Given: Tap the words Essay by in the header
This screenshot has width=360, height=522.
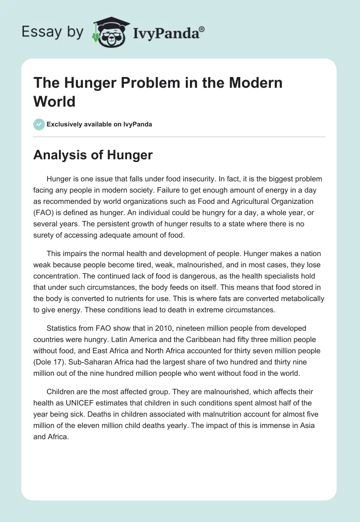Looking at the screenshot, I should point(53,31).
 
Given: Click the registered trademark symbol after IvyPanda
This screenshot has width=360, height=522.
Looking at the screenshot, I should point(202,29).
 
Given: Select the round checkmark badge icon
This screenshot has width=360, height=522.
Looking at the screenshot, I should point(39,124).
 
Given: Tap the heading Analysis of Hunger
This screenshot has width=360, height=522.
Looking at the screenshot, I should point(93,155).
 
